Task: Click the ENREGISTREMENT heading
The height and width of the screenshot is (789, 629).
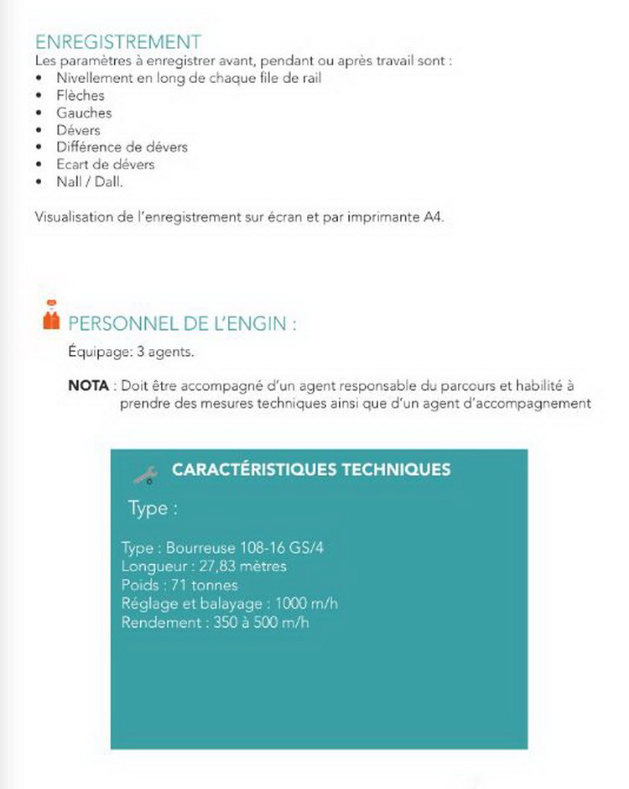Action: click(x=118, y=42)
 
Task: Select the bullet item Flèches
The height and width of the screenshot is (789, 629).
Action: click(x=81, y=96)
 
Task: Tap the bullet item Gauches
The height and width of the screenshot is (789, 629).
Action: click(x=84, y=112)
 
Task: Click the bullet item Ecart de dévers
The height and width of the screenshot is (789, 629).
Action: click(x=106, y=165)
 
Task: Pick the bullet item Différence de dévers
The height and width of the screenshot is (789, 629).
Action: click(x=122, y=147)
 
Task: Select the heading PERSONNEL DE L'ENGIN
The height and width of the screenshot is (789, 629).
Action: click(x=182, y=324)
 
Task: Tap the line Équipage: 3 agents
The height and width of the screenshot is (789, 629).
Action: click(x=131, y=353)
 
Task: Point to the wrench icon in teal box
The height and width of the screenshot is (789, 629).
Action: click(x=146, y=474)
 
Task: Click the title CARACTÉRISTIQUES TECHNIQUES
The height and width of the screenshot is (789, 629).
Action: click(x=311, y=469)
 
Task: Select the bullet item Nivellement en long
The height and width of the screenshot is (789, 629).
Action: click(x=189, y=78)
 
